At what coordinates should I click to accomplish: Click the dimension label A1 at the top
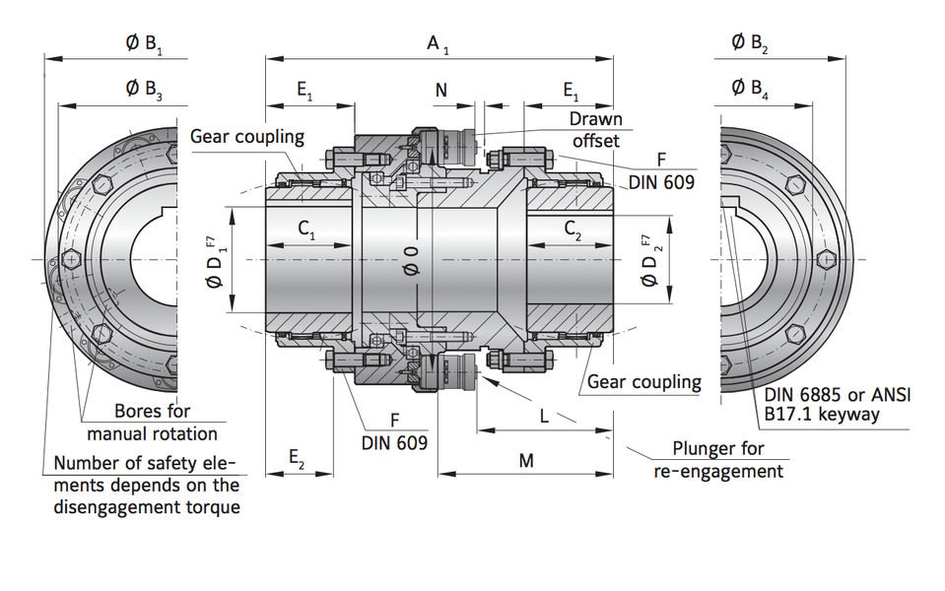438,44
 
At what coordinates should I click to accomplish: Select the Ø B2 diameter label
751,43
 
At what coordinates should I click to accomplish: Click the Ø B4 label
751,89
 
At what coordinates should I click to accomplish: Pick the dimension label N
441,90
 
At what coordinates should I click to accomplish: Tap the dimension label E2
298,458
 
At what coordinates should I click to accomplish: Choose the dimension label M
525,460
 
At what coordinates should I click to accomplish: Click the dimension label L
545,416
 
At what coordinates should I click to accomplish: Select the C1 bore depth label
307,230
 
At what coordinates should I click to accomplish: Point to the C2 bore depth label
573,230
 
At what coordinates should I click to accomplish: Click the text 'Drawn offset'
596,130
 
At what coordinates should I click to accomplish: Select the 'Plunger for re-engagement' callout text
718,460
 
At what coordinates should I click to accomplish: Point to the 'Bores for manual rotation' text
153,422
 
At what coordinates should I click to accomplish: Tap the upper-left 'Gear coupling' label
247,136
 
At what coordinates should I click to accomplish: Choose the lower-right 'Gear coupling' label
644,381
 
